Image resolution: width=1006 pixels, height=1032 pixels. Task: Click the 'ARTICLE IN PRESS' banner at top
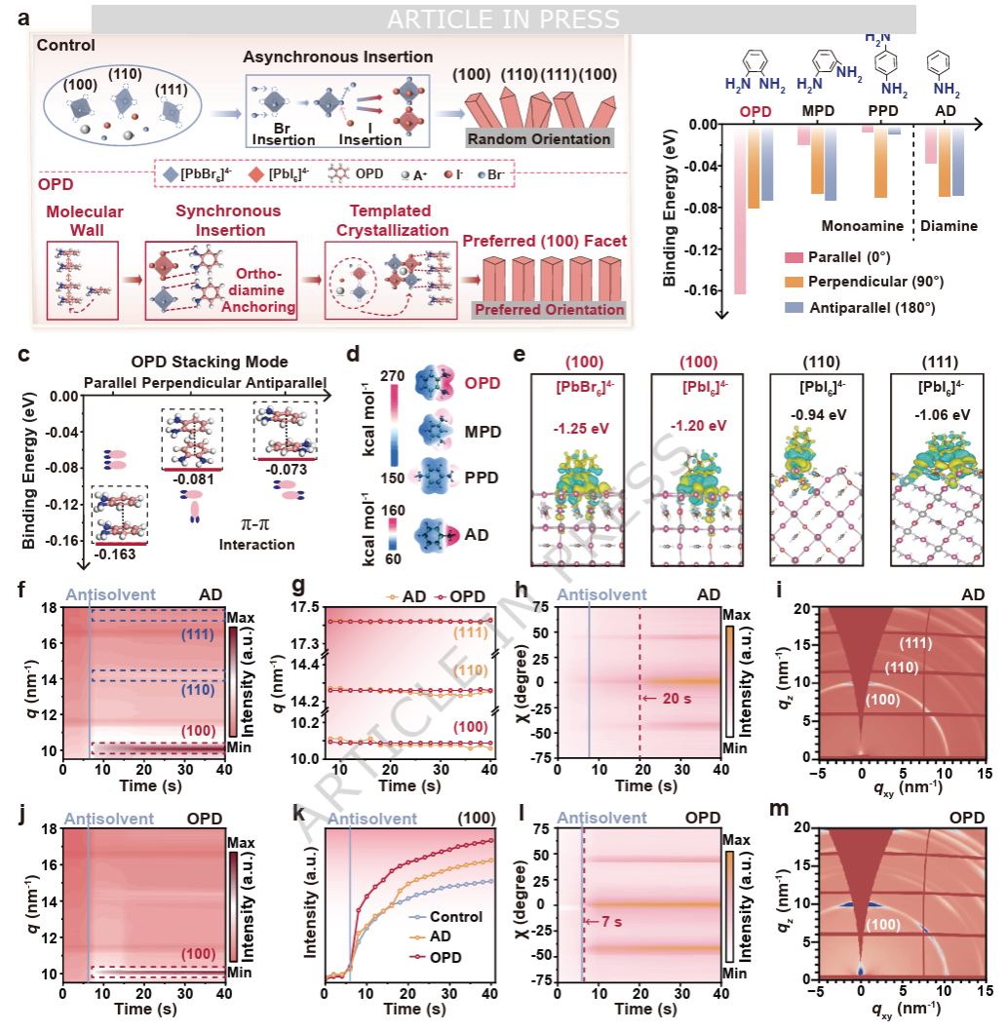click(x=503, y=19)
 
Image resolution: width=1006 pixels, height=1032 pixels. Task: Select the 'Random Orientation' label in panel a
click(x=538, y=138)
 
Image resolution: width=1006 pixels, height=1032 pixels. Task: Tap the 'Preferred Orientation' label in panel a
click(x=548, y=310)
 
